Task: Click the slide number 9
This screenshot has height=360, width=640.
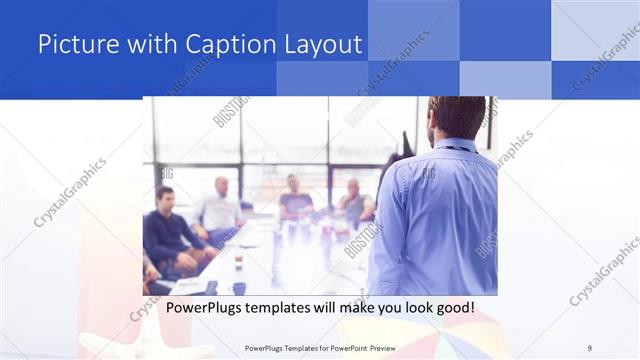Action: pos(590,348)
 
